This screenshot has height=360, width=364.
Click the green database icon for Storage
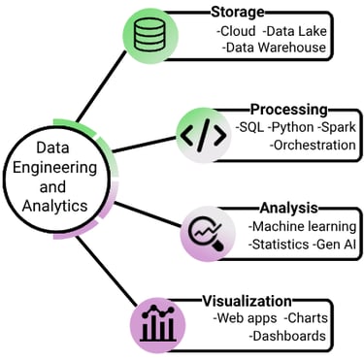(151, 37)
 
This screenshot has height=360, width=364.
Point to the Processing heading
(288, 110)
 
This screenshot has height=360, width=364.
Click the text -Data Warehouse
(274, 47)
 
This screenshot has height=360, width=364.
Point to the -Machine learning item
(300, 225)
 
